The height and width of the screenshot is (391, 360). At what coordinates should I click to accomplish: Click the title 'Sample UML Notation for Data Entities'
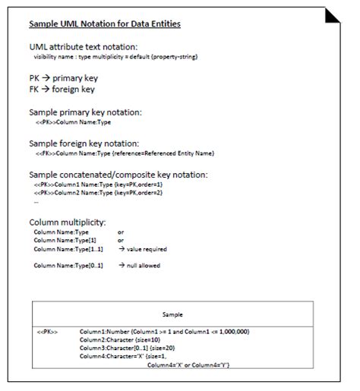click(105, 24)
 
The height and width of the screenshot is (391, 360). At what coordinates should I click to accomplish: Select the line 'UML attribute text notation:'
click(83, 47)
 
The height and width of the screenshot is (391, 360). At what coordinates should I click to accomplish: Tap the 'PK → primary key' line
click(63, 78)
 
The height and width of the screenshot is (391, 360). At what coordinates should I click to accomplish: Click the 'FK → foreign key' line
click(62, 89)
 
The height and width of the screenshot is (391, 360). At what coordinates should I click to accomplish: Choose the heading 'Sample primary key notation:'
click(85, 112)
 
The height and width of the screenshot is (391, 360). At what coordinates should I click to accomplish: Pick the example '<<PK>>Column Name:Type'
click(73, 121)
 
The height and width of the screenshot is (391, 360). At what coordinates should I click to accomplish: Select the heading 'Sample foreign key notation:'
click(84, 143)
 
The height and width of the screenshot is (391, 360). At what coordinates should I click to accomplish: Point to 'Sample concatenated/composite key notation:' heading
click(118, 175)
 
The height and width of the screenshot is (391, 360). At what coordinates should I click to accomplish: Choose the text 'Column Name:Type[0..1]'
click(69, 265)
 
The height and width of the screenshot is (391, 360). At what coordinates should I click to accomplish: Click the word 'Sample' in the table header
click(175, 314)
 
